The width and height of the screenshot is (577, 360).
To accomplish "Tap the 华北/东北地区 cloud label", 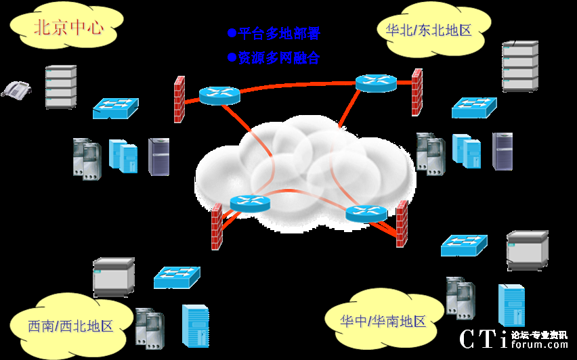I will pyautogui.click(x=428, y=29).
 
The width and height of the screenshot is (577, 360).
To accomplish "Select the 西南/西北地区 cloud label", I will pyautogui.click(x=70, y=326).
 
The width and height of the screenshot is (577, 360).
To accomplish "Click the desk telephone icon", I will pyautogui.click(x=16, y=89).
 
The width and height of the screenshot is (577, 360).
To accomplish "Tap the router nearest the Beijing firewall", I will pyautogui.click(x=219, y=95).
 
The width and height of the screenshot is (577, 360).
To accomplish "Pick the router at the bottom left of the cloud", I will pyautogui.click(x=250, y=202).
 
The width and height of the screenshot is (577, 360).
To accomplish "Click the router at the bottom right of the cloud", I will pyautogui.click(x=366, y=213).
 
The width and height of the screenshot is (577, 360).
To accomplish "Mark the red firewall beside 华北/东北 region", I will pyautogui.click(x=417, y=92).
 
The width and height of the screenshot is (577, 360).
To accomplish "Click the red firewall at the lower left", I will pyautogui.click(x=217, y=227).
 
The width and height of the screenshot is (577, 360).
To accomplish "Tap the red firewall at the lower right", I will pyautogui.click(x=402, y=224).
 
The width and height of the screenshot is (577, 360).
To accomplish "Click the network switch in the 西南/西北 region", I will pyautogui.click(x=177, y=276).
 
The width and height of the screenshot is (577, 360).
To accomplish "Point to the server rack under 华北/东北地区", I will pyautogui.click(x=520, y=66).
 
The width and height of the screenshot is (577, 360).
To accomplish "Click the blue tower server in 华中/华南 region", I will pyautogui.click(x=511, y=305).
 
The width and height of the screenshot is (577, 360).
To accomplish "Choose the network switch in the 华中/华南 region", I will pyautogui.click(x=464, y=245).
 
